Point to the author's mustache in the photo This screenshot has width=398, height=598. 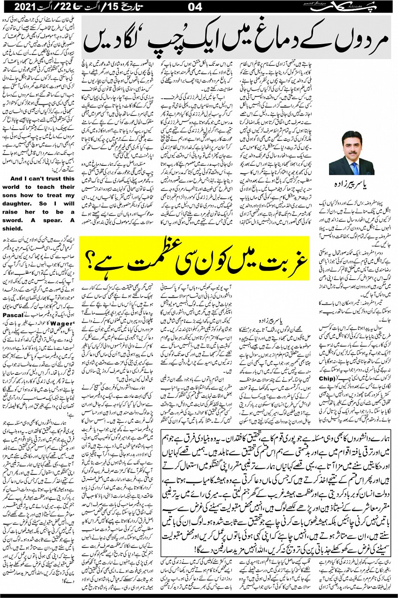tap(355, 155)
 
